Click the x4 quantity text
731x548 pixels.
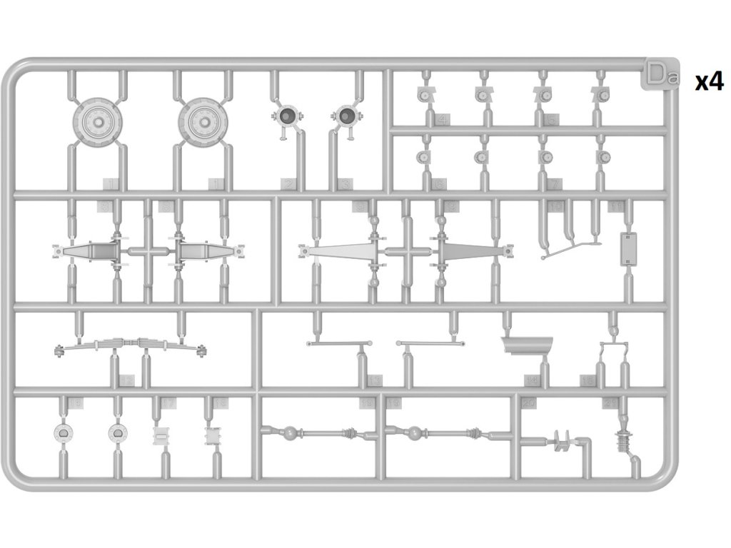coord(710,82)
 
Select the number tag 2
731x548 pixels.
coord(288,184)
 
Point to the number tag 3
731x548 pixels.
coord(346,184)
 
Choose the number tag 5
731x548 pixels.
coord(551,119)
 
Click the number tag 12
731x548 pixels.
coord(126,381)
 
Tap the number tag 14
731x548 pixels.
coord(531,381)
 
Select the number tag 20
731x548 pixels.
coord(529,404)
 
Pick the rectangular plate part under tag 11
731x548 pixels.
coord(629,248)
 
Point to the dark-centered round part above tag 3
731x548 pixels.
coord(346,115)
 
